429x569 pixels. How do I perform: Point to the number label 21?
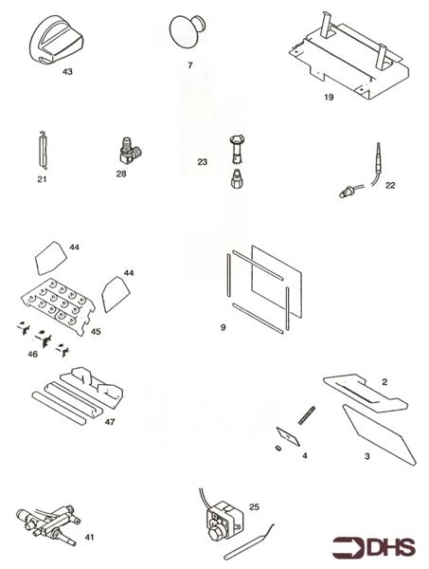click(x=42, y=176)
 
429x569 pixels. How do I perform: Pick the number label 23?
click(x=202, y=162)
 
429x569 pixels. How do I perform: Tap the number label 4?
click(x=304, y=455)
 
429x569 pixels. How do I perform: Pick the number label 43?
click(x=66, y=70)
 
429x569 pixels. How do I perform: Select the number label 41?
click(x=90, y=537)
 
